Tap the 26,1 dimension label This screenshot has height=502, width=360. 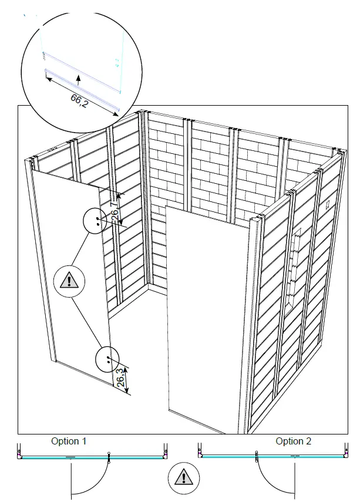coord(116,210)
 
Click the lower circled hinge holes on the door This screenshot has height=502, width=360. coord(108,358)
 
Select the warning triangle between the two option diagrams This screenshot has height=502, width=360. coord(180,477)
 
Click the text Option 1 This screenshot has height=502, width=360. coord(69,441)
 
